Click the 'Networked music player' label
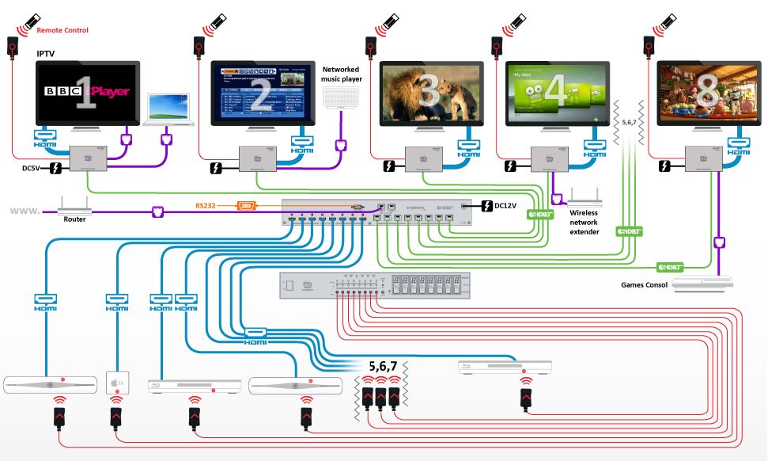[341, 74]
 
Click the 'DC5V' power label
[29, 168]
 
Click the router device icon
[76, 210]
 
